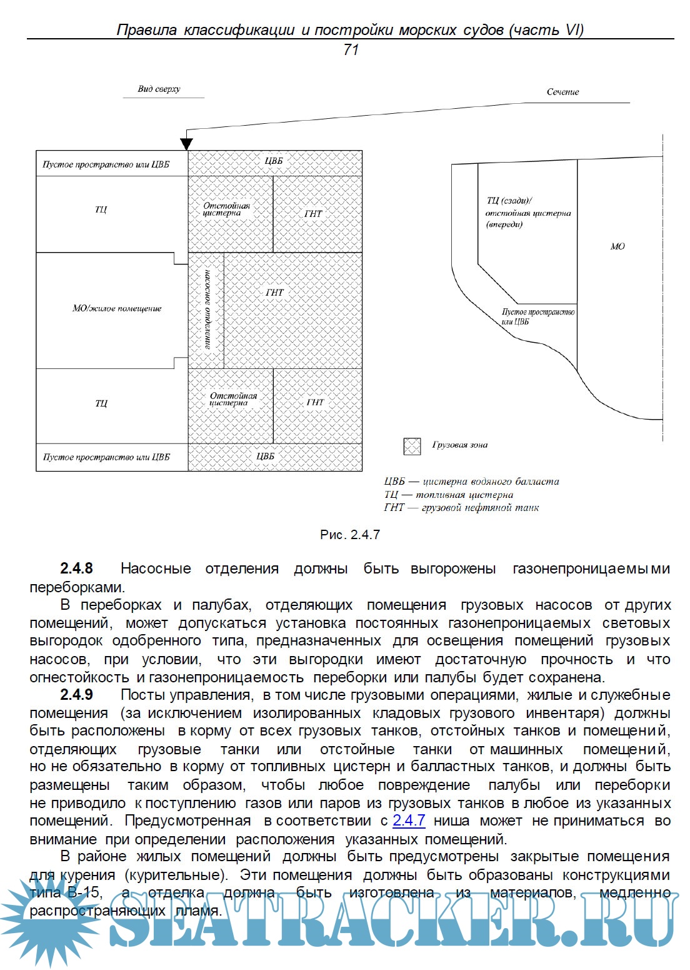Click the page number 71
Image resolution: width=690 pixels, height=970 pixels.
351,50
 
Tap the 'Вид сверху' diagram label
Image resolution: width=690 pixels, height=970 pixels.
159,89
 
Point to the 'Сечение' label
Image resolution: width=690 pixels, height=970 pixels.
562,92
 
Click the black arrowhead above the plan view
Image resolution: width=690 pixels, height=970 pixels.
186,144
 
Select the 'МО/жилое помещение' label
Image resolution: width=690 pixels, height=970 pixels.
117,308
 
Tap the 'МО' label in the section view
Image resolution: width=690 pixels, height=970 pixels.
617,246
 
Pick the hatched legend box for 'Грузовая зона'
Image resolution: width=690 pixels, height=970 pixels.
412,446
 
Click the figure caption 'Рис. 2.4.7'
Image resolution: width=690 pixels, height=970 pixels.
350,535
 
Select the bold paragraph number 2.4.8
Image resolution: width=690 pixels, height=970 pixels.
76,568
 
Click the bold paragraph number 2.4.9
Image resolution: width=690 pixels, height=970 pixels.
76,695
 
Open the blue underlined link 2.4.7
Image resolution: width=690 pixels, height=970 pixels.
409,821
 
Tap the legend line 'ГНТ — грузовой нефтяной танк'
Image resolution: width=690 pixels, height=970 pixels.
461,508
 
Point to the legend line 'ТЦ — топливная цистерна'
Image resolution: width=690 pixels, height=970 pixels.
449,495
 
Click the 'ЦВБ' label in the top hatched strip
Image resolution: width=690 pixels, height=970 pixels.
274,161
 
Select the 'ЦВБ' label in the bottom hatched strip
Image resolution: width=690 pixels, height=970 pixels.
266,457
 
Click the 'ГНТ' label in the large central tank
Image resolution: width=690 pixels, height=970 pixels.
274,293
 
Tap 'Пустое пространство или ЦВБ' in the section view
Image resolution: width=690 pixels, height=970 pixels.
537,316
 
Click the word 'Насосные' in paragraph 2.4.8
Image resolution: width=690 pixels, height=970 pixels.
156,568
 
